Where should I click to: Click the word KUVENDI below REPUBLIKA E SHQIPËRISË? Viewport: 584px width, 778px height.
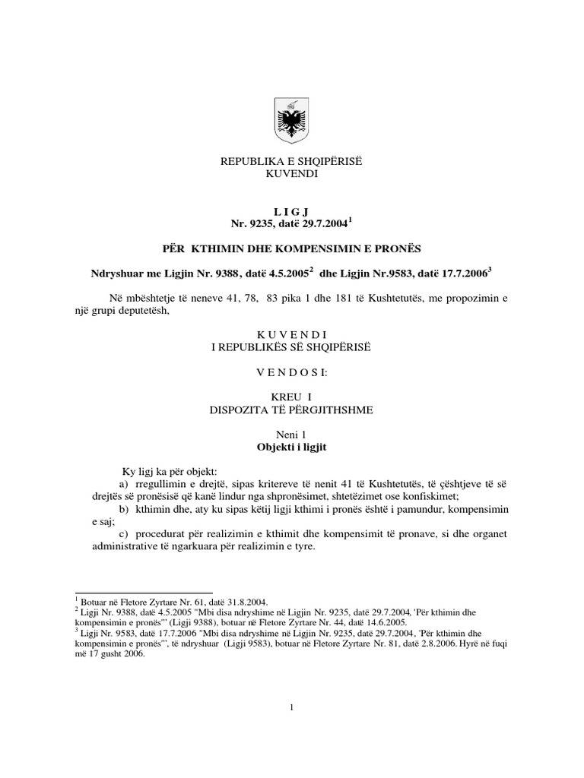coord(292,174)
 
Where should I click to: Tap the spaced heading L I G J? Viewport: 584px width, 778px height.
coord(292,211)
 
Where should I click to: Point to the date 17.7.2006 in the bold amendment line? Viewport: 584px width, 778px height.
coord(461,273)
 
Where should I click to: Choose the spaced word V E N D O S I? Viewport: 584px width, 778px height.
coord(292,372)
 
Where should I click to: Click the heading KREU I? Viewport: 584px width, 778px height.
coord(292,397)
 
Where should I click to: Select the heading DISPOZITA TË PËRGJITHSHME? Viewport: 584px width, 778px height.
coord(292,410)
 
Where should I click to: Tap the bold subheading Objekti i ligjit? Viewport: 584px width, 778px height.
coord(292,448)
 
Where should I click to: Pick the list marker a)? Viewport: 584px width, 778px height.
coord(125,483)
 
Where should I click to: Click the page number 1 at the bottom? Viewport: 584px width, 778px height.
coord(292,708)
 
